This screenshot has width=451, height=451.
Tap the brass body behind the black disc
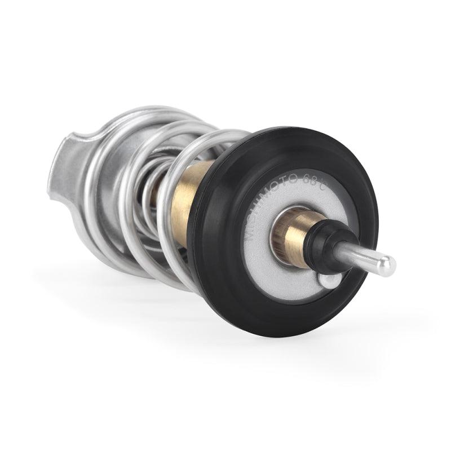[x=189, y=203]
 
